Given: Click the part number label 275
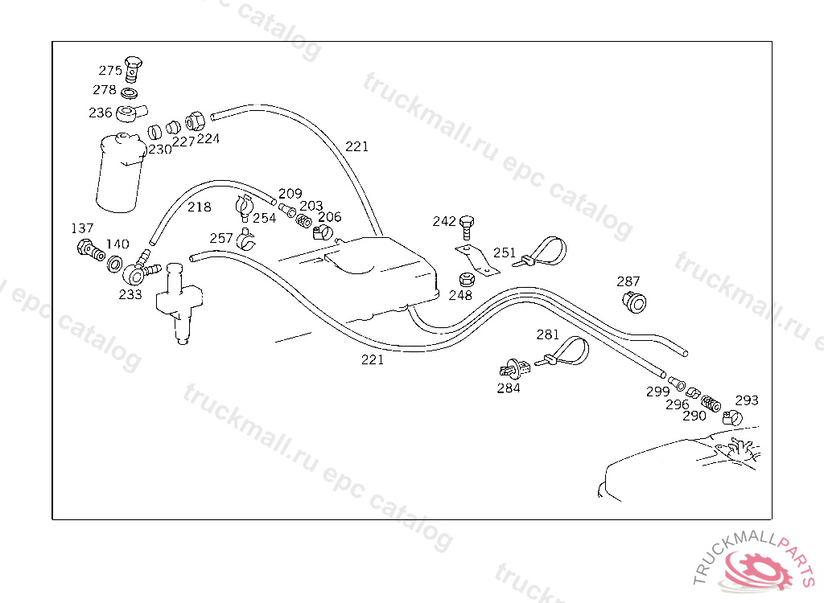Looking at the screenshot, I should (110, 71).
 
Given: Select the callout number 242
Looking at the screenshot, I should (444, 221).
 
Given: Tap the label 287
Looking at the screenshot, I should (628, 281).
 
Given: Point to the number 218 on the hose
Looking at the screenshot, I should (200, 207).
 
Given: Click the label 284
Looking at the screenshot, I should (509, 388).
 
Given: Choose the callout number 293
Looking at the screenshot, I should (747, 400).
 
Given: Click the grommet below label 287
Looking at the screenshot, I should (635, 302).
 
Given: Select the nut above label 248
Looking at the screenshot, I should (465, 281).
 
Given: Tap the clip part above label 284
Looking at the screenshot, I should (513, 369).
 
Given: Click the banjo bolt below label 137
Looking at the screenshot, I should (86, 250).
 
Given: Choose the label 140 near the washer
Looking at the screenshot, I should (117, 244).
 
